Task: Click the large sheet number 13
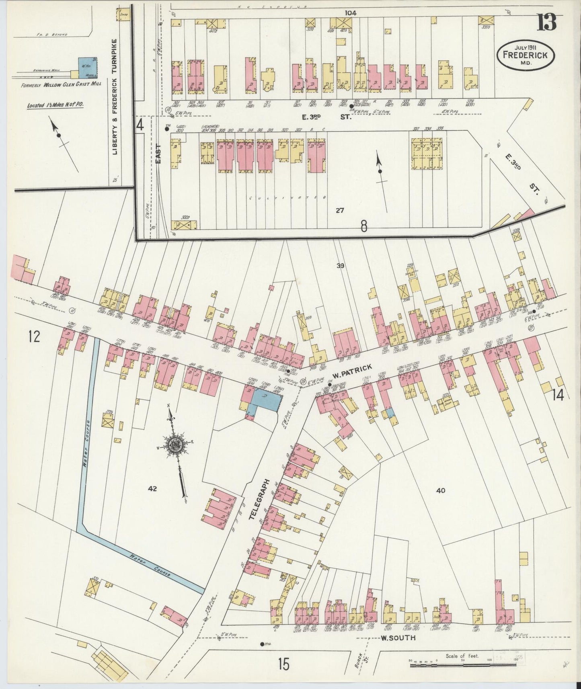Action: click(548, 23)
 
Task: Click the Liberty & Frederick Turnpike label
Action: click(115, 97)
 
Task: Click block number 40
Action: click(440, 490)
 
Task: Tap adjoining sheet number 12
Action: click(34, 336)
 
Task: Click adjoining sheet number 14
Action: click(558, 395)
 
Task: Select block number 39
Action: click(341, 265)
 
